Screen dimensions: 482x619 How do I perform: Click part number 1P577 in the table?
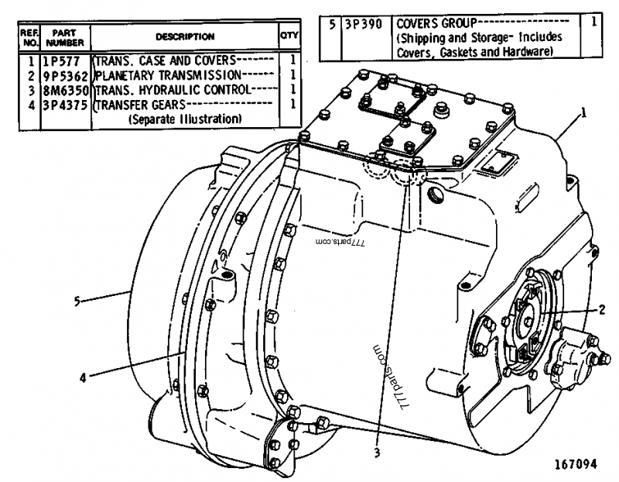(x=66, y=60)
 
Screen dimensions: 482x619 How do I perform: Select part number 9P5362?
(x=66, y=75)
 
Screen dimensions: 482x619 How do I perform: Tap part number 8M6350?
(x=66, y=90)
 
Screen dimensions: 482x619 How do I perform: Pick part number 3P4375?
(x=66, y=105)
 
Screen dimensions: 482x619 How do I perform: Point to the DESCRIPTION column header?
(x=185, y=36)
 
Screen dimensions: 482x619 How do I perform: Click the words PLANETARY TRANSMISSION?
(x=170, y=75)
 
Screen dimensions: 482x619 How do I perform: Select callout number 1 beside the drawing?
(x=583, y=112)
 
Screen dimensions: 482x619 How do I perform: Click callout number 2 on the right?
(x=600, y=309)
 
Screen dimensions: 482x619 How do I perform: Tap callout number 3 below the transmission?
(x=376, y=453)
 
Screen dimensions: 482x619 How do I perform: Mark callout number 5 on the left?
(x=77, y=301)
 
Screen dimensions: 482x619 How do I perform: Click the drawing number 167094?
(x=575, y=465)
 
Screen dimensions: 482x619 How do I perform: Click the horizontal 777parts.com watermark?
(x=340, y=242)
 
